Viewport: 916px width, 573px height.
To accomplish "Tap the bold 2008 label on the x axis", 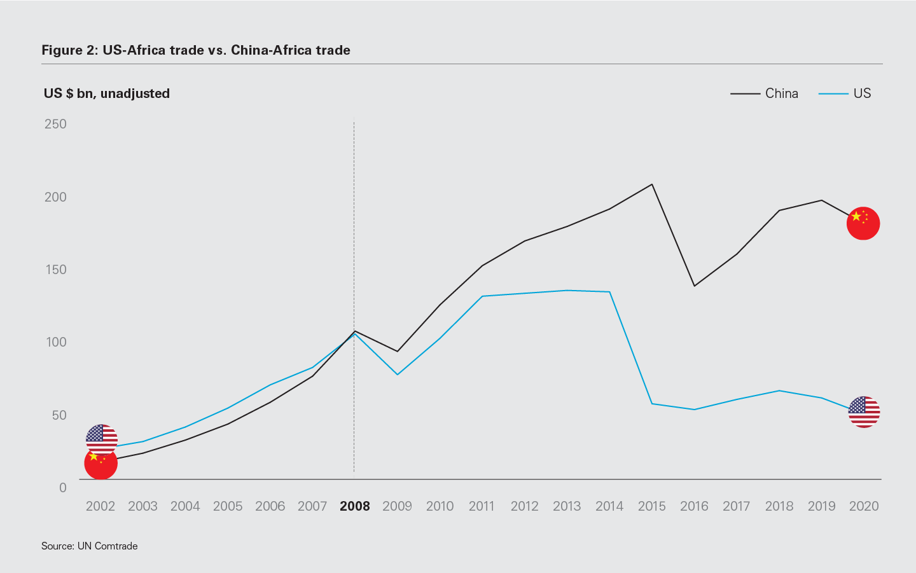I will (x=355, y=506).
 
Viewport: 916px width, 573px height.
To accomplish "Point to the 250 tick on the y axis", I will (x=55, y=124).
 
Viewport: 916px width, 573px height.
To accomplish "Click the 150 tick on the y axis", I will (x=55, y=270).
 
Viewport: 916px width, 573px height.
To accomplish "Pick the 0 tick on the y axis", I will (x=62, y=488).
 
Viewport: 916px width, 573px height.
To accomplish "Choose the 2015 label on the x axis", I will (x=651, y=506).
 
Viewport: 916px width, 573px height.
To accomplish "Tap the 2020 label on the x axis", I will (x=863, y=506).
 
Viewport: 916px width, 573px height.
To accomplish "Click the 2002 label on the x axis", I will (x=101, y=506).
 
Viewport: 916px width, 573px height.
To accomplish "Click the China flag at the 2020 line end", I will (x=863, y=223).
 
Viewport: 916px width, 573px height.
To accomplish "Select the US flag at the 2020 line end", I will (x=864, y=411).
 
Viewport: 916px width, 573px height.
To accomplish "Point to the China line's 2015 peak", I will (x=652, y=184).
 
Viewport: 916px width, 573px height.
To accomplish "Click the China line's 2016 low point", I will (x=694, y=286).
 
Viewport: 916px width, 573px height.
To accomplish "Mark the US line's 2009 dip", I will (x=398, y=374).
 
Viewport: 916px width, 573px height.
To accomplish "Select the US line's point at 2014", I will (x=609, y=292).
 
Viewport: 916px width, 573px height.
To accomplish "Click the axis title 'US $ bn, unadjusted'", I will (x=107, y=93).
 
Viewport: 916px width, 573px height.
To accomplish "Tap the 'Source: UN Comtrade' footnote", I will (x=90, y=546).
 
